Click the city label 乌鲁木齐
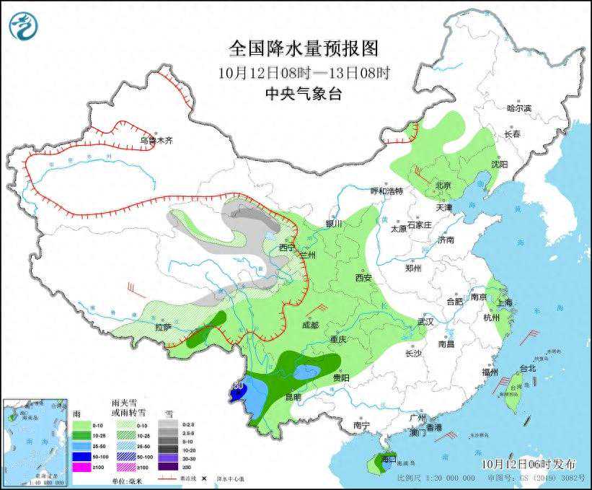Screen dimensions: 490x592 click(x=156, y=141)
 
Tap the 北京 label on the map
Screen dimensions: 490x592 click(x=443, y=185)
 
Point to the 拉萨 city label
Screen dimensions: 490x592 click(x=163, y=327)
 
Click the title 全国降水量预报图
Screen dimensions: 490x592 click(x=303, y=48)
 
